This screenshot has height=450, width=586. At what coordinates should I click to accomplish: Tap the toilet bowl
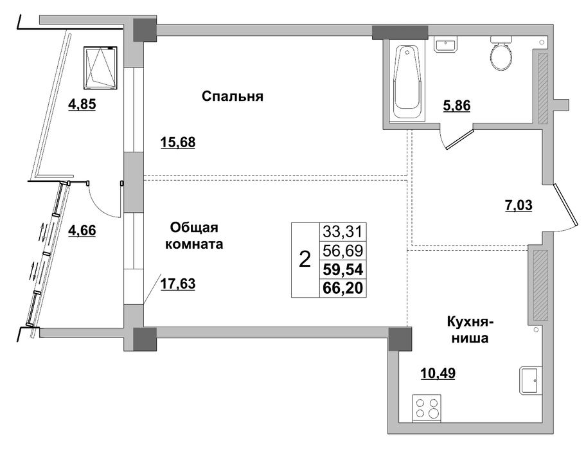pos(501,53)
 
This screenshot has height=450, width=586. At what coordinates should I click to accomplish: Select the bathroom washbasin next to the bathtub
pos(445,45)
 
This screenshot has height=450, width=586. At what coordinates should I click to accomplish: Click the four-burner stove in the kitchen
pos(427,408)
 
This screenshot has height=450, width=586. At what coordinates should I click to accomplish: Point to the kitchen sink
pos(530,381)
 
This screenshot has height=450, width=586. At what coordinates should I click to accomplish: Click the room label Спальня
pos(233,96)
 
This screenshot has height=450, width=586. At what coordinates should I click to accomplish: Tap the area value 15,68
pos(178,143)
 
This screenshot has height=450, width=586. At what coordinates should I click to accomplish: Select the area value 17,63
pos(178,284)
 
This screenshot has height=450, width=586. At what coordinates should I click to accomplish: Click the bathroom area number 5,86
pos(457,106)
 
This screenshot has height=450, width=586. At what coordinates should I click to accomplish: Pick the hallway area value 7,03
pos(519,205)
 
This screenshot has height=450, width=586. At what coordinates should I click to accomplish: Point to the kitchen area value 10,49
pos(438,373)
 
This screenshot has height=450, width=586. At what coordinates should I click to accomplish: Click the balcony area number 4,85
pos(82,104)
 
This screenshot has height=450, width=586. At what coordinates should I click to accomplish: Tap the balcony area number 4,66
pos(82,230)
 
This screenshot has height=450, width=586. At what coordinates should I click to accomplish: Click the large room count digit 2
pos(305,259)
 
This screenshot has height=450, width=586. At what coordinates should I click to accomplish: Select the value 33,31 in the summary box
pos(342,232)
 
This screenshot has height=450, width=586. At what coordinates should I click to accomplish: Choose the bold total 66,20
pos(343,288)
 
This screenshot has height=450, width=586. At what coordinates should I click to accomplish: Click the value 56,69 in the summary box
pos(342,251)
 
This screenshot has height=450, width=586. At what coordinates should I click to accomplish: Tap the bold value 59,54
pos(343,269)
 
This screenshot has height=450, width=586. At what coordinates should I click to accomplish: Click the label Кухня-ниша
pos(470,330)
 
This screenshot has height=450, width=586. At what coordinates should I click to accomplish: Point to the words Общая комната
pos(194,235)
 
